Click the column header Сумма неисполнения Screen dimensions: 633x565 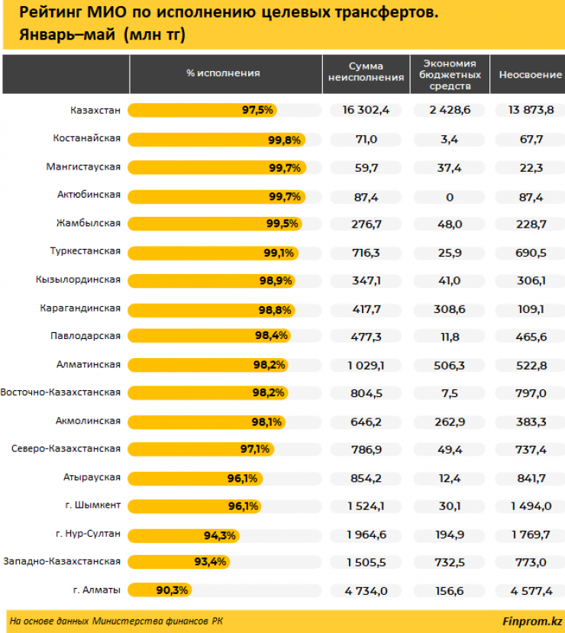point(366,73)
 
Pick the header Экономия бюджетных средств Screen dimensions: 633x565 point(450,74)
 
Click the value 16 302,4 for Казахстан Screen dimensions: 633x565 point(366,110)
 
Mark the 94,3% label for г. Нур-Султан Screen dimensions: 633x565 point(220,534)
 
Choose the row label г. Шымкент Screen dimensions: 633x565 point(93,505)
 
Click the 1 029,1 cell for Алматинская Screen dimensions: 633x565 point(366,365)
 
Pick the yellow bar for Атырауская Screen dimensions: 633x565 point(195,478)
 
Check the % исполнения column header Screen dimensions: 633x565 point(223,73)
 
